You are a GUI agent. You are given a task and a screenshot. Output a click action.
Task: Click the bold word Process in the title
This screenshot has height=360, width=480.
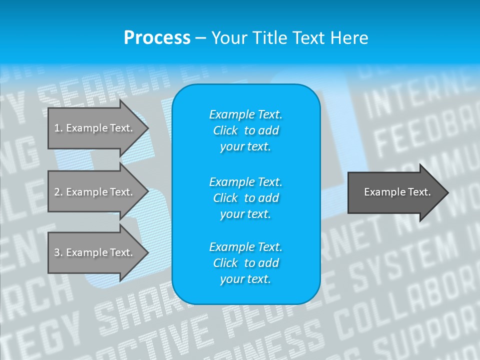156,38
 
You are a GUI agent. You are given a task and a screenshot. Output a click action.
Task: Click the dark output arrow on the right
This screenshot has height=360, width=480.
395,192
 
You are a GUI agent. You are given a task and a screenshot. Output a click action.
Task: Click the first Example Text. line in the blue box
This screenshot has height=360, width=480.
245,114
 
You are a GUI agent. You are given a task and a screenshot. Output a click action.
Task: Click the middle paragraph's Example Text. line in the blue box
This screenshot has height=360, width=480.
245,181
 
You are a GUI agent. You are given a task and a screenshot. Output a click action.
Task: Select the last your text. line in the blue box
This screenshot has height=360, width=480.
245,279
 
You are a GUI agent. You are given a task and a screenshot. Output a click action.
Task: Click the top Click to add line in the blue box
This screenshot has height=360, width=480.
245,130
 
